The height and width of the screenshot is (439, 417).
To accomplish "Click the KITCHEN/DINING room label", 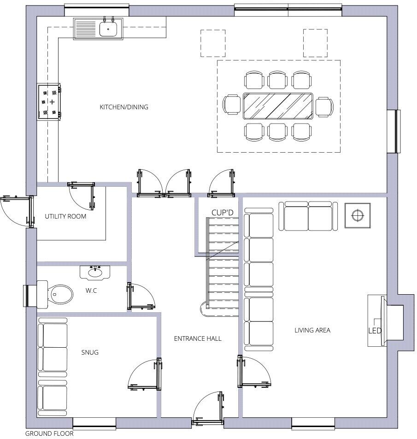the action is (124, 107).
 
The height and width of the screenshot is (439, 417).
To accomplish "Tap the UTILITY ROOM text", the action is (65, 216).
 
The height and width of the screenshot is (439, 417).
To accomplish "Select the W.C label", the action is (91, 291).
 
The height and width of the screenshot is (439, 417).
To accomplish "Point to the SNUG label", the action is (90, 352).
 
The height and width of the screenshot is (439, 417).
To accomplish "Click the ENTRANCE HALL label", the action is (198, 339).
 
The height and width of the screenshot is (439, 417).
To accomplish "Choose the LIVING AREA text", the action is (312, 330).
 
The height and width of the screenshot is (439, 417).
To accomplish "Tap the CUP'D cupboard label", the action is (223, 213).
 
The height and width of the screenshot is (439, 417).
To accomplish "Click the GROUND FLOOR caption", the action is (49, 433).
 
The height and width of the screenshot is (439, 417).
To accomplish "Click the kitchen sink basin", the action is (108, 29).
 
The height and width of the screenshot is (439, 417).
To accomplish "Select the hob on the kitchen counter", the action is (49, 102).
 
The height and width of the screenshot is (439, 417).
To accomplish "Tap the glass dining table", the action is (278, 106).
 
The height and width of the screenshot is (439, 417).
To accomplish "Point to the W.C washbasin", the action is (95, 273).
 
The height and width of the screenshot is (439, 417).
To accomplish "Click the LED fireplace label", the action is (375, 331).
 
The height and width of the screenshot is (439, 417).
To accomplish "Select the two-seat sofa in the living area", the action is (308, 216).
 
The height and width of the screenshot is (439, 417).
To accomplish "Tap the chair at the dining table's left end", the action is (232, 105).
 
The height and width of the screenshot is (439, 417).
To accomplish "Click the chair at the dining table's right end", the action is (324, 107).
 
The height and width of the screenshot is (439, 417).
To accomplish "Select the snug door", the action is (145, 374).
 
